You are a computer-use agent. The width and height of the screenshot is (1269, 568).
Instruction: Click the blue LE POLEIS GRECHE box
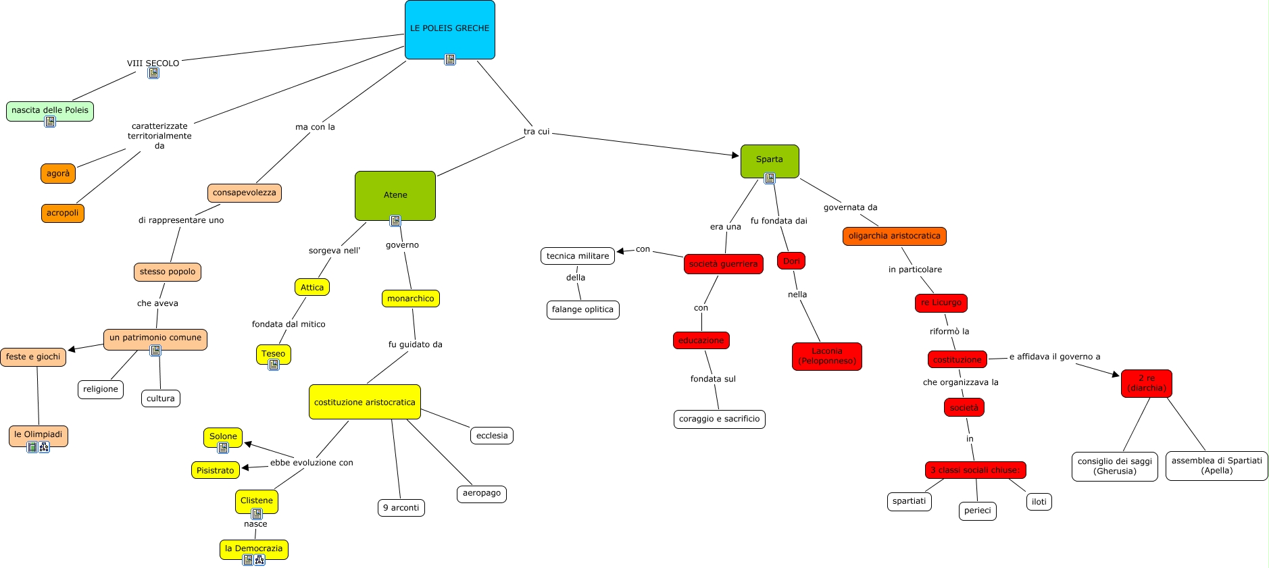tap(449, 29)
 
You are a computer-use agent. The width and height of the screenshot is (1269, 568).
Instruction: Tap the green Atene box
tap(395, 195)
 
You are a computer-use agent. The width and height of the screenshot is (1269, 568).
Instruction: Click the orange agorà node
tap(58, 174)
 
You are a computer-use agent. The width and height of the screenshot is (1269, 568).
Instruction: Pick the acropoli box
tap(62, 213)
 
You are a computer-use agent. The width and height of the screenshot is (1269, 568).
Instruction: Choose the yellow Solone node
tap(223, 436)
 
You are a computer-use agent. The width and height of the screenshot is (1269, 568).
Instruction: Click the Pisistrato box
tap(216, 470)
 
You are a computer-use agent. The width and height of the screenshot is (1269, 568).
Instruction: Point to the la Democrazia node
tap(253, 548)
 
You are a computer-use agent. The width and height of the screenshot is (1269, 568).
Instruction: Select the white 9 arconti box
tap(401, 508)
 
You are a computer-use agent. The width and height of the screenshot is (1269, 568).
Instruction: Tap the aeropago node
tap(482, 494)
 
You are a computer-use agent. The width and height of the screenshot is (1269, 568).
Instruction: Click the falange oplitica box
tap(582, 310)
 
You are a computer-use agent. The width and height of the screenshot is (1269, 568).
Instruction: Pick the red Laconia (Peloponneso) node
tap(827, 357)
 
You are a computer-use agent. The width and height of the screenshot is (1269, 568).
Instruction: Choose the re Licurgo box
tap(941, 303)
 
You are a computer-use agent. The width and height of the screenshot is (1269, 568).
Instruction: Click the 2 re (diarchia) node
tap(1146, 384)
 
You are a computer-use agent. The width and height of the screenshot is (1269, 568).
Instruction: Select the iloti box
tap(1039, 502)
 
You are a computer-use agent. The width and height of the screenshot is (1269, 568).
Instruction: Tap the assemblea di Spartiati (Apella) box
tap(1216, 466)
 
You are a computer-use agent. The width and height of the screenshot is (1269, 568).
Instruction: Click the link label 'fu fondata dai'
tap(778, 221)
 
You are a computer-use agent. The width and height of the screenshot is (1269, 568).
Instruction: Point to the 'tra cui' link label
tap(537, 132)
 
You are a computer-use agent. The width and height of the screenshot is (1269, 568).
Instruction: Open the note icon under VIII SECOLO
tap(153, 73)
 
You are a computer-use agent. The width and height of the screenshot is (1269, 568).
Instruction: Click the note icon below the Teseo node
tap(274, 365)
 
